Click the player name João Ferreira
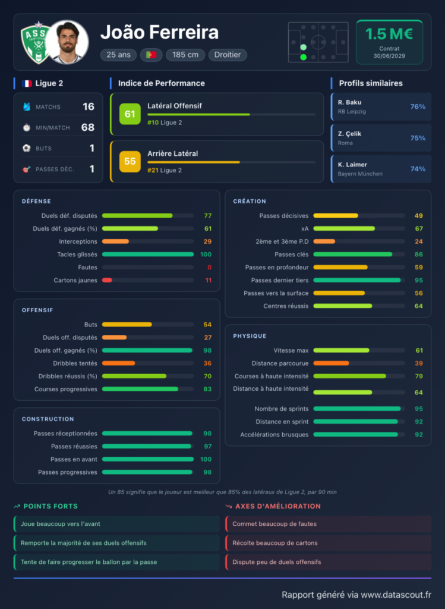coord(159,33)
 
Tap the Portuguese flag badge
coord(151,55)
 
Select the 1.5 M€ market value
coord(389,34)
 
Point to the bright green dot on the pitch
coord(304,58)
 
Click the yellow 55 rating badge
coord(130,161)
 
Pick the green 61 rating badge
coord(130,114)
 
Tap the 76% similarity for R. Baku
coord(418,106)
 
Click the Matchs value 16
coord(89,106)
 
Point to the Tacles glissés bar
coord(148,255)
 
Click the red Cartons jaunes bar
coord(107,280)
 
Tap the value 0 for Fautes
coord(210,267)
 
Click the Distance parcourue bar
coord(332,363)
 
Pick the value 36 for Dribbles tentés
coord(207,363)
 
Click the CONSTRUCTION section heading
coord(48,419)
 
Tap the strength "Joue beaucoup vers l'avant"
coord(61,524)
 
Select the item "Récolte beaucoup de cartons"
coord(275,543)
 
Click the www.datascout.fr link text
coord(396,595)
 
